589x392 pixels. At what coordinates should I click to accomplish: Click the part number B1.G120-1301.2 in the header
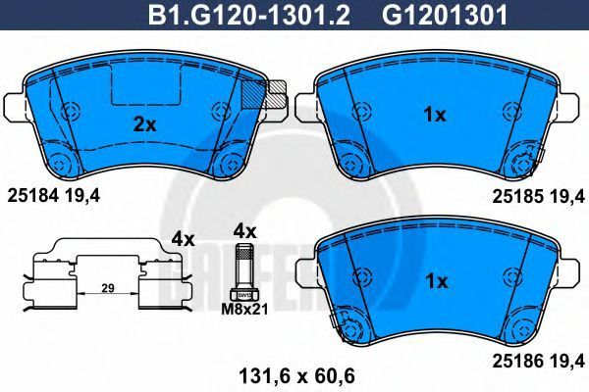coord(249,15)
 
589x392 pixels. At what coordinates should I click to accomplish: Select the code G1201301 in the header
coord(445,15)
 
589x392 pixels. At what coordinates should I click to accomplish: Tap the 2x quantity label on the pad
coord(145,124)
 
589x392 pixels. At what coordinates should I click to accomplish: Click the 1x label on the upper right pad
coord(435,115)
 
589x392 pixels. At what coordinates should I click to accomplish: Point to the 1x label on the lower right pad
coord(437,281)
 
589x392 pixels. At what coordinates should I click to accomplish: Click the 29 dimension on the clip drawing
coord(108,288)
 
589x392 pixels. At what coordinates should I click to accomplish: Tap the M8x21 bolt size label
coord(244,310)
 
